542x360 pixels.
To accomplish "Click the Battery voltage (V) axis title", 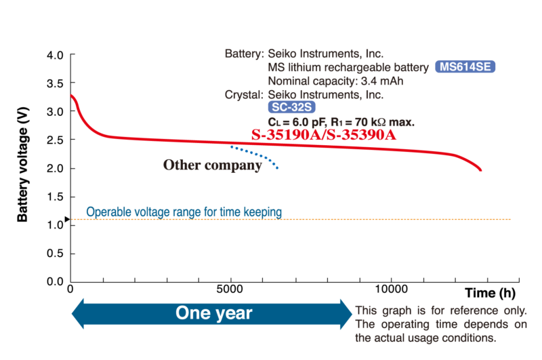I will pos(23,167).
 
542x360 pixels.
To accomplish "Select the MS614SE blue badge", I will pos(466,67).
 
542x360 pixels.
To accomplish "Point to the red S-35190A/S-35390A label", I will pos(323,134).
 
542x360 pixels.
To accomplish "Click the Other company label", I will pos(212,165).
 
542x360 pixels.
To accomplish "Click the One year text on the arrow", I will pos(214,313).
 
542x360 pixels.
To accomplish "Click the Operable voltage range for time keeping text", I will pos(184,212).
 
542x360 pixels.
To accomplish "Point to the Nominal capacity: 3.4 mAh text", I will pos(336,81).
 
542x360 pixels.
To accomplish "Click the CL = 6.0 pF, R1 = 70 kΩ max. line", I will pos(341,122).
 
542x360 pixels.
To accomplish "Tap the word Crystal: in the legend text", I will pos(245,95).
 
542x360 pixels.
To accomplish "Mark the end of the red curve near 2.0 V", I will pos(480,169).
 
